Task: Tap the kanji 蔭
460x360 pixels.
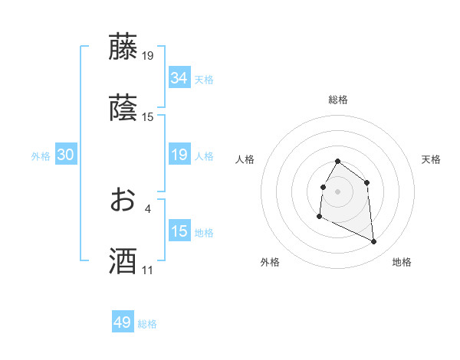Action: (123, 108)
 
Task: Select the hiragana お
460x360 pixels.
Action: (123, 200)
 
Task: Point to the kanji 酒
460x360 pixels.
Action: (123, 261)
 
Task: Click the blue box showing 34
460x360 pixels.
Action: (179, 78)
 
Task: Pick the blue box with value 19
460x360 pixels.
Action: (179, 155)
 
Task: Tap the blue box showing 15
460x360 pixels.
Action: (179, 232)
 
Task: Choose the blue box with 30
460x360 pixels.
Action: (66, 155)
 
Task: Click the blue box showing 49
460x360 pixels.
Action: (123, 322)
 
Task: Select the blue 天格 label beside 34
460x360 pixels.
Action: (204, 79)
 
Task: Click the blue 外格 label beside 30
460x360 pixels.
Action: (41, 156)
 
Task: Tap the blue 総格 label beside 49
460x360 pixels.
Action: (148, 324)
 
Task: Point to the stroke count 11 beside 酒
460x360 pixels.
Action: (147, 270)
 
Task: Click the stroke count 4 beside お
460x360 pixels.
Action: (147, 208)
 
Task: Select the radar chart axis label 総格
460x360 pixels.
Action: (338, 100)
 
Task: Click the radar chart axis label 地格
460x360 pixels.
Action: (402, 263)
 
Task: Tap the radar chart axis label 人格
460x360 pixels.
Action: (245, 159)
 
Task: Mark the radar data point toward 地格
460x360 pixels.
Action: (374, 242)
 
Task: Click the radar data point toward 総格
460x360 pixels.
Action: (338, 162)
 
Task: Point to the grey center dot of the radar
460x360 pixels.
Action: (338, 191)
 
